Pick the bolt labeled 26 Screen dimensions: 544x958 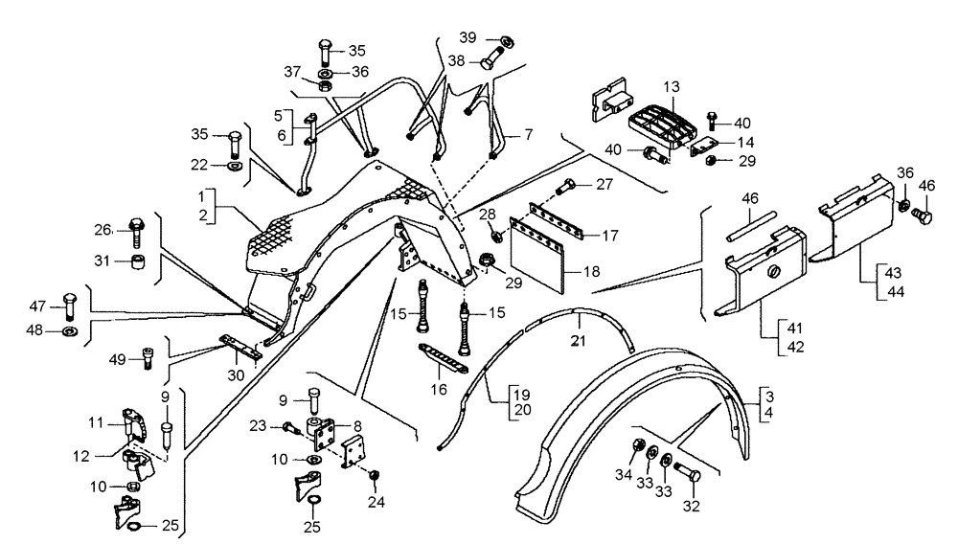click(x=134, y=227)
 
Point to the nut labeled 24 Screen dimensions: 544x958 click(x=375, y=475)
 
